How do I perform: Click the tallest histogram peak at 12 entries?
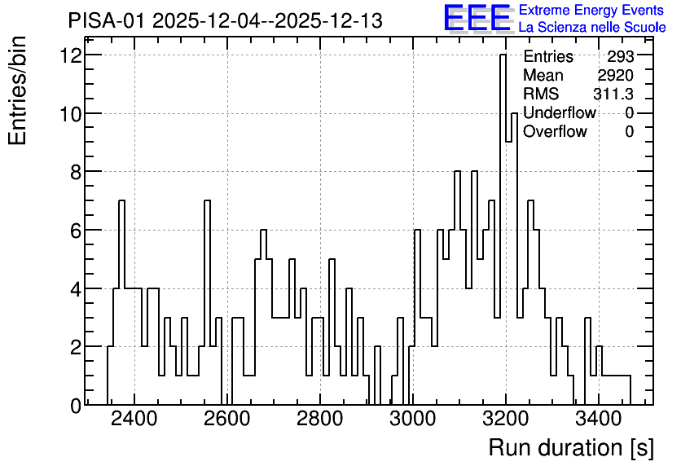[503, 55]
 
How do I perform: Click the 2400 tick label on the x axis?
[134, 419]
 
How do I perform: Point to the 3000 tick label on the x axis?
[413, 419]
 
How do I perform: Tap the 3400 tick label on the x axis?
[599, 419]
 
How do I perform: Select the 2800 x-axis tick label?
[319, 419]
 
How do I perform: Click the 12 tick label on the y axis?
[71, 55]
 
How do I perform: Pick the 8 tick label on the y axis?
[77, 172]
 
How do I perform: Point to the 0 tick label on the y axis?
[77, 406]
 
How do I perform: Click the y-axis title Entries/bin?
[18, 91]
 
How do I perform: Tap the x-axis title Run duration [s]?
[571, 448]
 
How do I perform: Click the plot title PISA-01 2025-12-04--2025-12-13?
[226, 20]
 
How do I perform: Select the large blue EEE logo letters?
[477, 18]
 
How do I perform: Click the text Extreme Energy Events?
[591, 10]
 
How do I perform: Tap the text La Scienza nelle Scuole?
[592, 28]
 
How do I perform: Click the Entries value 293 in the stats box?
[621, 56]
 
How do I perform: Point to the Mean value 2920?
[615, 75]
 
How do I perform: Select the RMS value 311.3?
[613, 94]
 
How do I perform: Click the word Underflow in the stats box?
[560, 112]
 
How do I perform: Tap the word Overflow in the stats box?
[555, 131]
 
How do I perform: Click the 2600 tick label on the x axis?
[226, 419]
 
